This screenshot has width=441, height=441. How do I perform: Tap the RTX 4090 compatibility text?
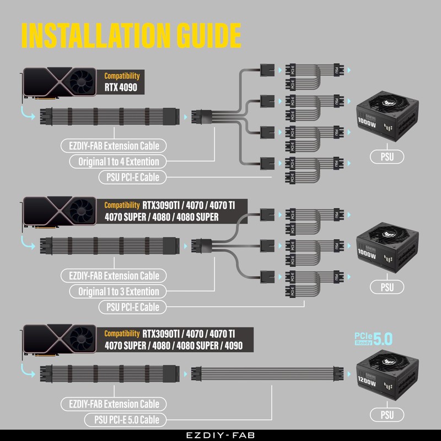121,87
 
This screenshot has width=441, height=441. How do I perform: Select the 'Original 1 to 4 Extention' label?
119,162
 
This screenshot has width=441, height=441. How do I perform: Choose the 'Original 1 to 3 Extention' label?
119,292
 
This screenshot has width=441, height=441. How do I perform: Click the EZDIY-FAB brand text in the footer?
220,434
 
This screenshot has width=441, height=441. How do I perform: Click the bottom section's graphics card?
61,342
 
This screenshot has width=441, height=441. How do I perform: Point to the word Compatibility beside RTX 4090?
122,76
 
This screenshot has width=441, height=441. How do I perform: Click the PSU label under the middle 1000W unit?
387,287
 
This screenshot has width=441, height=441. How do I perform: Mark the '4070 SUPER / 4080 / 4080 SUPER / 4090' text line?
173,346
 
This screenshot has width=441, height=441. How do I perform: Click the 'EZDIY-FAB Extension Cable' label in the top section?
114,146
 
